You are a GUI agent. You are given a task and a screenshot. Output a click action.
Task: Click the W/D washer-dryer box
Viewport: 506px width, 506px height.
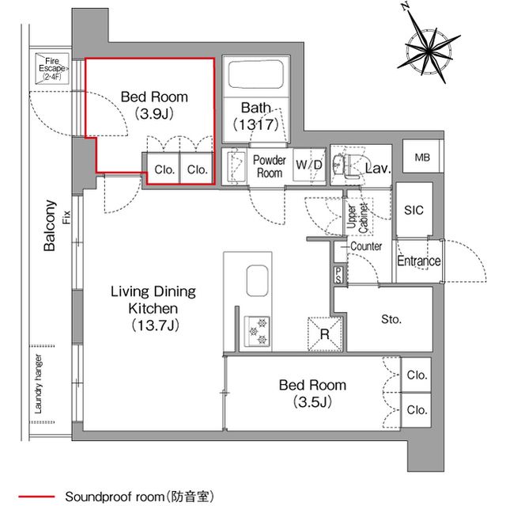click(x=308, y=165)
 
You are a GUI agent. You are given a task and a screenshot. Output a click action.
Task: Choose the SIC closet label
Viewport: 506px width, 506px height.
click(x=413, y=210)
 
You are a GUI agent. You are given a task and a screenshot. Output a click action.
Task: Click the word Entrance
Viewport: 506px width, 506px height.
click(x=418, y=262)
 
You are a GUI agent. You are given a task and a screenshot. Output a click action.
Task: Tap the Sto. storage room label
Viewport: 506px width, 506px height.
click(x=391, y=320)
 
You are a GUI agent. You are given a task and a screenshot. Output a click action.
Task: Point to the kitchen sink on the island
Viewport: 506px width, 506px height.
click(x=259, y=281)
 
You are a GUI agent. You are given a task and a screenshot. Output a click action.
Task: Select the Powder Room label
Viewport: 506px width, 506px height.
click(x=269, y=166)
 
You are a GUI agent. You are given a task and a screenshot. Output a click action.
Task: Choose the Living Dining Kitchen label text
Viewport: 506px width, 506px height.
click(x=153, y=308)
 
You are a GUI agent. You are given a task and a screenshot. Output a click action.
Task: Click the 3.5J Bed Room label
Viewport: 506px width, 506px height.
click(x=312, y=394)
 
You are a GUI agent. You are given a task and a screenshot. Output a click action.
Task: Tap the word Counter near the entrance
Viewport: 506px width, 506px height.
click(x=366, y=246)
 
